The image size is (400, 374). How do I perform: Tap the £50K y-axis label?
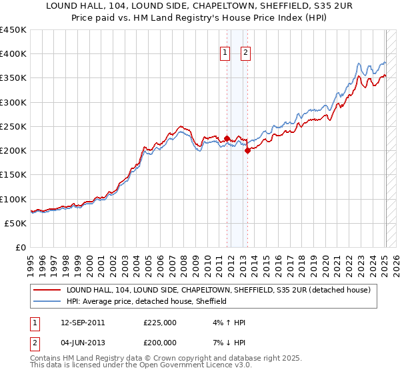click(16, 223)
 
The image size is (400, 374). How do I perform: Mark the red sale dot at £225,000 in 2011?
click(227, 139)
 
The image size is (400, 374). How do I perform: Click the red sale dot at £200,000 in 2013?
click(247, 151)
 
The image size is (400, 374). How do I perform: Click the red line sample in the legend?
click(47, 291)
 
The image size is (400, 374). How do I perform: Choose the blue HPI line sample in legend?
click(47, 302)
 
